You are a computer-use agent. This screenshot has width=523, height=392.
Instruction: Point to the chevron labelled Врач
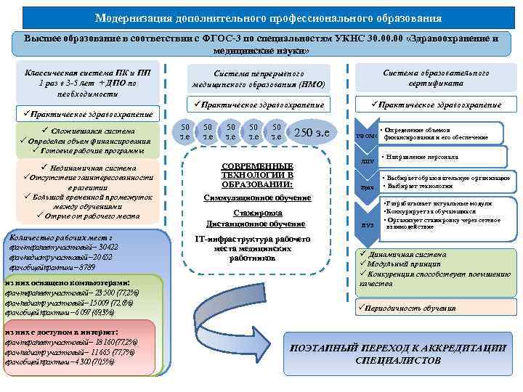point(365,188)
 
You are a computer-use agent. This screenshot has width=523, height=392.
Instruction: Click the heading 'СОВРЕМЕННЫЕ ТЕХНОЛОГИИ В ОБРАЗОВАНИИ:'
point(258,175)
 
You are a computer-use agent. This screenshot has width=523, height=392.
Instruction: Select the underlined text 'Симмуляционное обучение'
point(258,197)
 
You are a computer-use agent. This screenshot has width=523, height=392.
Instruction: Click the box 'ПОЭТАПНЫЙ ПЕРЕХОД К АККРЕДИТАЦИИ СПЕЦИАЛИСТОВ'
point(397,354)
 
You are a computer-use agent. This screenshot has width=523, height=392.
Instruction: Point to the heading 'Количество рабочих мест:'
point(60,237)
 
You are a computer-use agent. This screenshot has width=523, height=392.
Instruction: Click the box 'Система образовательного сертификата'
point(436,78)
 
